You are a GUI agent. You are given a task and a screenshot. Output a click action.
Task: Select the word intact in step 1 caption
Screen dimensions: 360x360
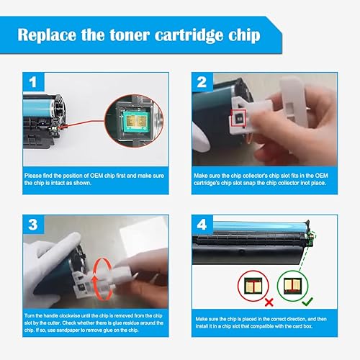pos(60,182)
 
